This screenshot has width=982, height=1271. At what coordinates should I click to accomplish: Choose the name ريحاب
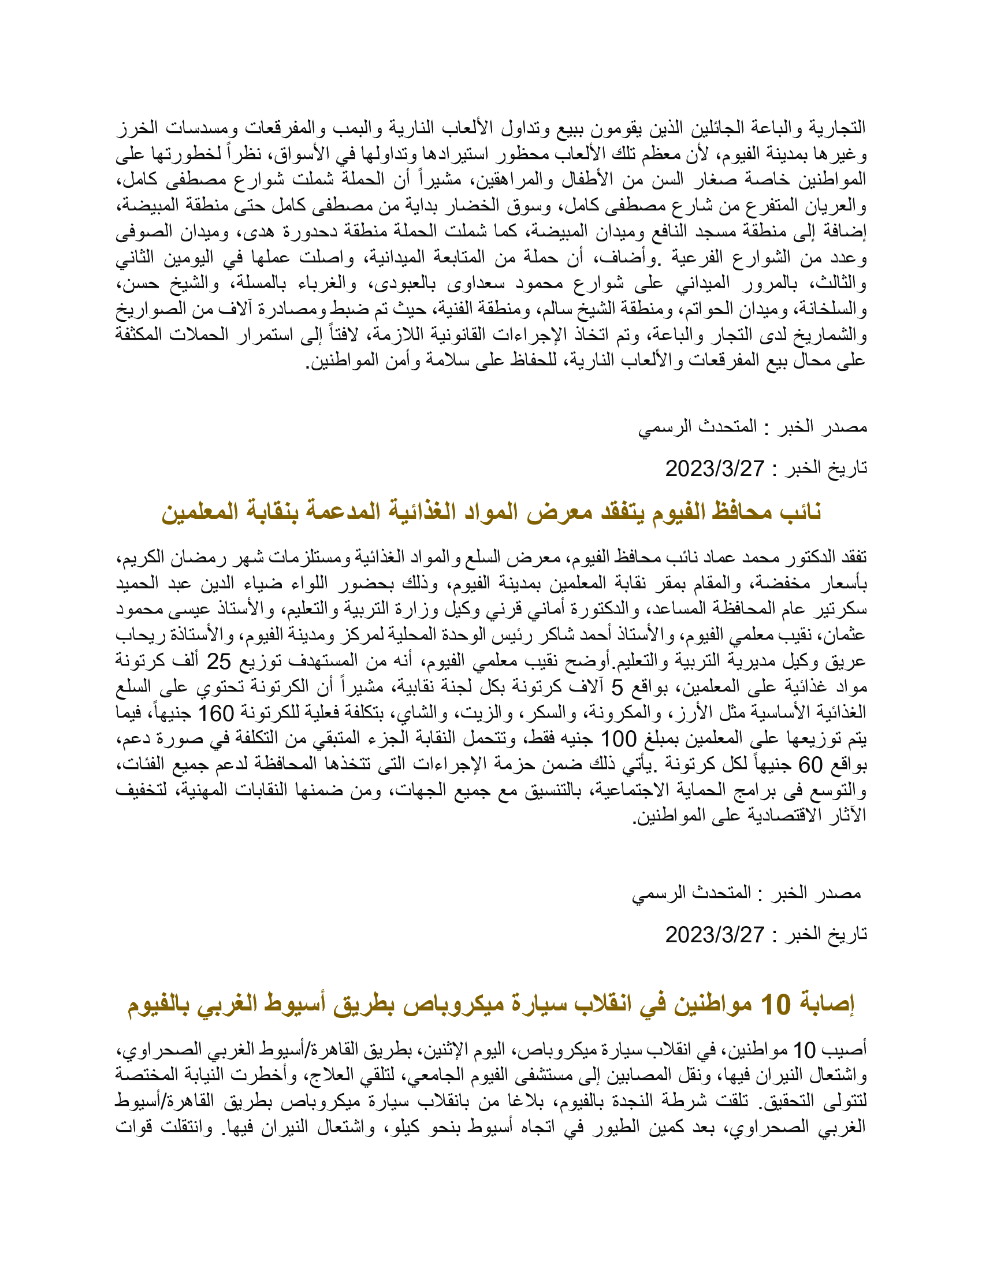(137, 635)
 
